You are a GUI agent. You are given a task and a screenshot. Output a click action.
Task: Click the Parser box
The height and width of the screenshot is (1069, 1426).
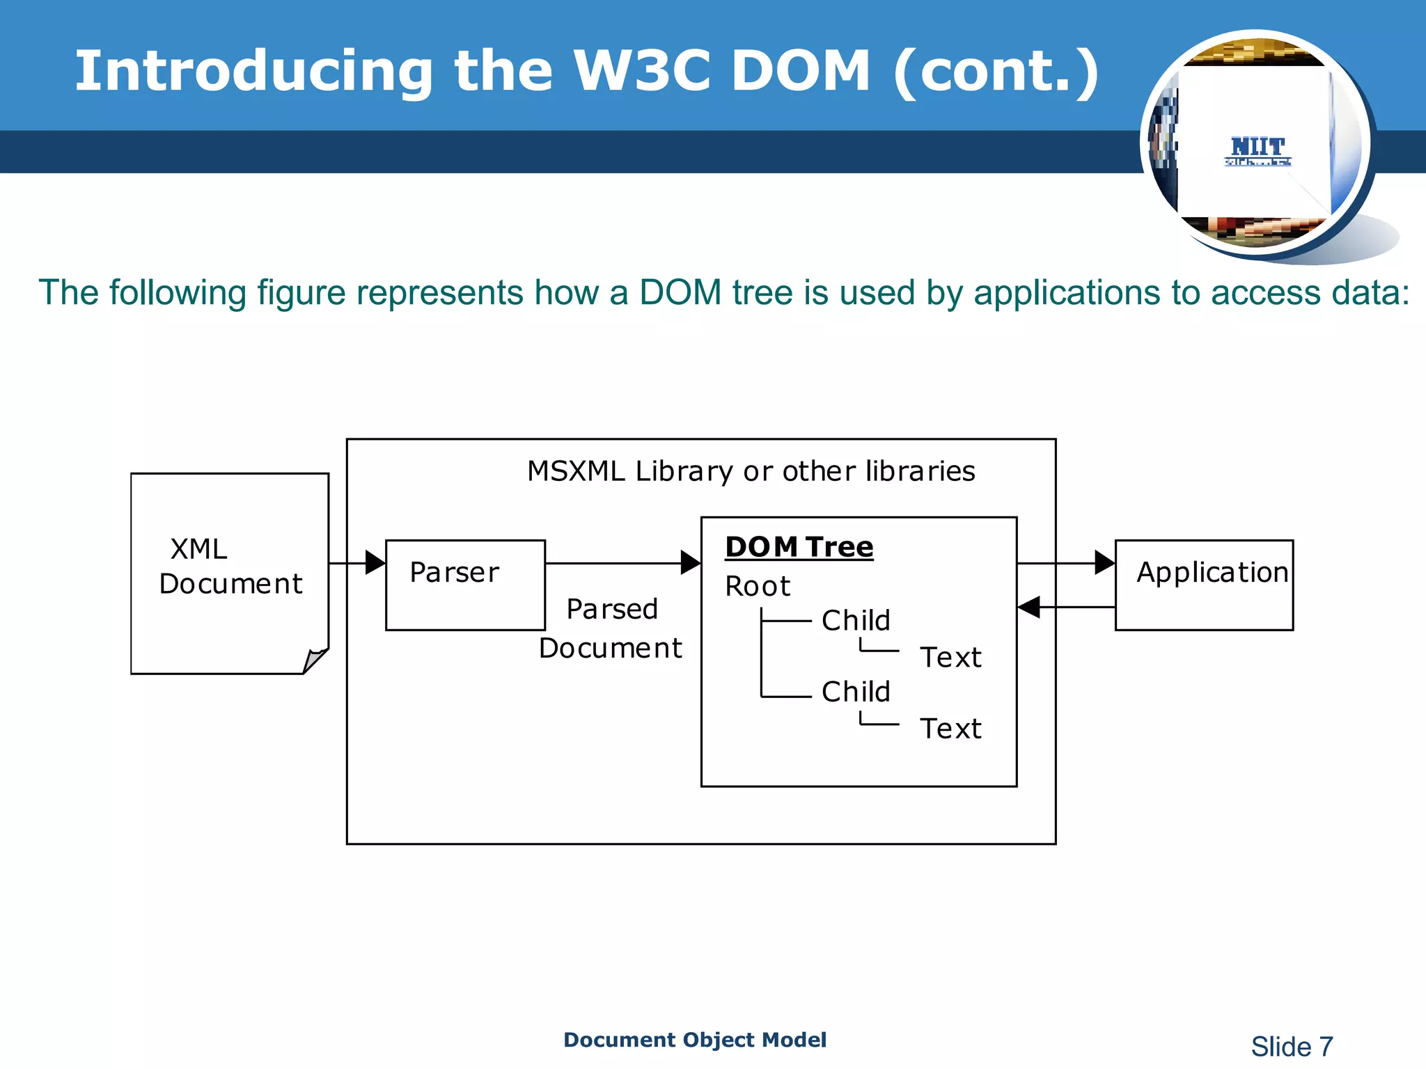[465, 585]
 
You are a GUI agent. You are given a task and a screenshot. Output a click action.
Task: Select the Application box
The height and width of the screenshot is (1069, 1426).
[1204, 585]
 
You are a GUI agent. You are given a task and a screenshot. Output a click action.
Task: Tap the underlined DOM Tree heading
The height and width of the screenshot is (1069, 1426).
[799, 547]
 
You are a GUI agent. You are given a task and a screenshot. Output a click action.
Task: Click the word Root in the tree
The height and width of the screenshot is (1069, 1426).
[758, 587]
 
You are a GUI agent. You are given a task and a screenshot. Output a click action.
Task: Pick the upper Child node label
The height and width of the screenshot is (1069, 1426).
[856, 620]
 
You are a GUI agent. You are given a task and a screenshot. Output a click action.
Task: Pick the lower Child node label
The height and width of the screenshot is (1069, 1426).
[856, 692]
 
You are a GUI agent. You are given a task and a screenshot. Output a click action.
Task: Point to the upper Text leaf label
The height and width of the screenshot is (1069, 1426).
[950, 658]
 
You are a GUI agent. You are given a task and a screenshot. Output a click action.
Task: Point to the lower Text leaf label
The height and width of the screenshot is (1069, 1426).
[950, 729]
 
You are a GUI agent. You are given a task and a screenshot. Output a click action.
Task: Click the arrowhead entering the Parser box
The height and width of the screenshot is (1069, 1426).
[375, 562]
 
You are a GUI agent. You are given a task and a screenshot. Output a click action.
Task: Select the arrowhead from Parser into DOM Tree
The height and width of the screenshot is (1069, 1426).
[691, 562]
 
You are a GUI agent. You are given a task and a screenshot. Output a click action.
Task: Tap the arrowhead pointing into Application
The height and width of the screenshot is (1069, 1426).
[1104, 562]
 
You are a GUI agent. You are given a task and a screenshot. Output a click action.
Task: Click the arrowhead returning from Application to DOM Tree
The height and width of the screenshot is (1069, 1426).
[1029, 607]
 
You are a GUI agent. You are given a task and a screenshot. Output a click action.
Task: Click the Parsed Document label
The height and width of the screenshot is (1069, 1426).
[611, 628]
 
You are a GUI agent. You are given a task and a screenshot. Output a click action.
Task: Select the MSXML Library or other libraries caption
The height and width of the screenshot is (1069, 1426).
[751, 472]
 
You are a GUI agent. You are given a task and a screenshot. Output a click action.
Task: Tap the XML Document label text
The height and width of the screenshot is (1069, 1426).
[230, 567]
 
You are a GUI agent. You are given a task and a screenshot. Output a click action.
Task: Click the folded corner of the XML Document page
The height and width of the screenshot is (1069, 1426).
[315, 660]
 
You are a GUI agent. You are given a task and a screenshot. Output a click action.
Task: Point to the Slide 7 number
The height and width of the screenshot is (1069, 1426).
[1292, 1046]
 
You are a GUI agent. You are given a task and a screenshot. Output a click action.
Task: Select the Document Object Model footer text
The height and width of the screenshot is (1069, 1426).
[694, 1040]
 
